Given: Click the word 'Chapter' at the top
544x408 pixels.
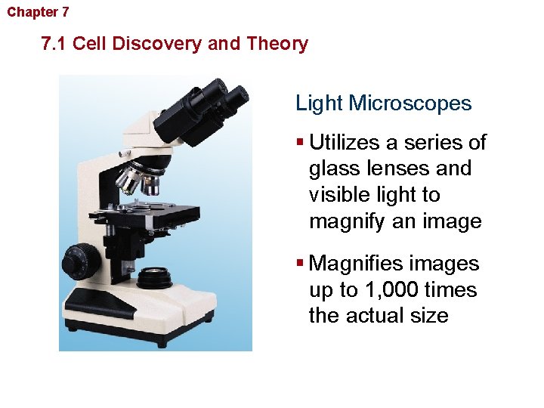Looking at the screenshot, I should click(x=27, y=12).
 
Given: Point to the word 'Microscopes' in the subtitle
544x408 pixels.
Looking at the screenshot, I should click(x=411, y=104).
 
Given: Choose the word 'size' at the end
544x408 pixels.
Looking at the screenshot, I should click(x=428, y=316).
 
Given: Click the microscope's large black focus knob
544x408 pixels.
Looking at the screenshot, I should click(x=78, y=261).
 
